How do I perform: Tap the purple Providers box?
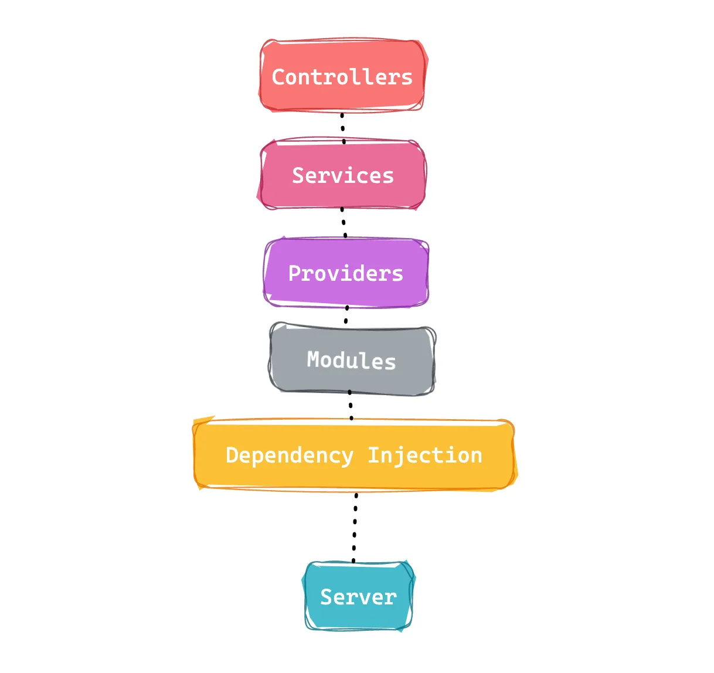[x=346, y=272]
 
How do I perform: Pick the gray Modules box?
[x=352, y=359]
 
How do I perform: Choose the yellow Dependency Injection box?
[x=355, y=454]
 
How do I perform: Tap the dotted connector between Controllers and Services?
[x=343, y=128]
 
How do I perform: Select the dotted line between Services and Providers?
[x=344, y=223]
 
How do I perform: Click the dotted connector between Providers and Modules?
[x=346, y=315]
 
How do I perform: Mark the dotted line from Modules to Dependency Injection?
[x=351, y=405]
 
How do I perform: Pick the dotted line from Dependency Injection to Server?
[x=355, y=528]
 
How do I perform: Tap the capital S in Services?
[x=298, y=175]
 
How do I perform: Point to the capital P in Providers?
[x=295, y=273]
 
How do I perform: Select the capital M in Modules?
[x=313, y=359]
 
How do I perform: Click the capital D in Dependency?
[x=232, y=455]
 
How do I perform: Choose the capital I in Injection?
[x=374, y=455]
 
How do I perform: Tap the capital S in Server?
[x=327, y=597]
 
